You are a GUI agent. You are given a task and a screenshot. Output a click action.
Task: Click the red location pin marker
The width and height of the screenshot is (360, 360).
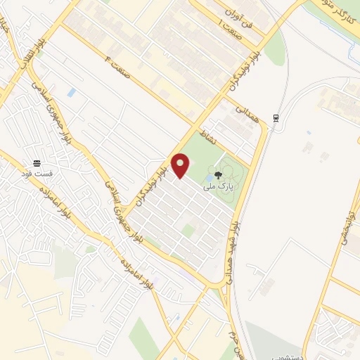[181, 165]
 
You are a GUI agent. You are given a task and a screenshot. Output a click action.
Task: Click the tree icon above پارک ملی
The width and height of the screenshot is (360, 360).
[219, 172]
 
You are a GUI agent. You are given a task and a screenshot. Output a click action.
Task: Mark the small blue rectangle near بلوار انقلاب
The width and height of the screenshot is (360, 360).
[71, 92]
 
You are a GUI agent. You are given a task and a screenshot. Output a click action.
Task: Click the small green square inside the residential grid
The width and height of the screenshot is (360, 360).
[188, 230]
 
